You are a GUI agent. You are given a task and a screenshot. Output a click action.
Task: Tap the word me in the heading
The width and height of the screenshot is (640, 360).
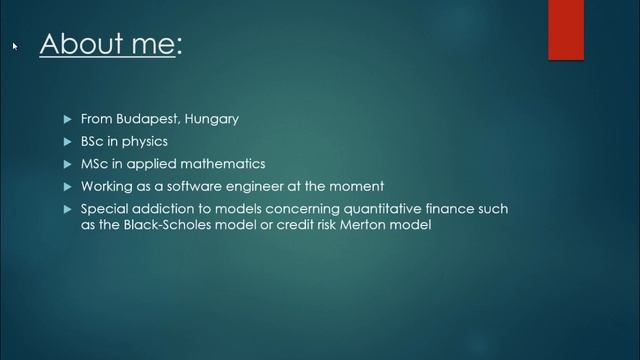coord(151,45)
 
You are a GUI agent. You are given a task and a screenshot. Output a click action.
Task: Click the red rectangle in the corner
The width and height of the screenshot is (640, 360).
coord(565,30)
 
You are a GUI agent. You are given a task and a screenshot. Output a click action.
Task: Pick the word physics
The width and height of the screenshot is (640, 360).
coord(145,141)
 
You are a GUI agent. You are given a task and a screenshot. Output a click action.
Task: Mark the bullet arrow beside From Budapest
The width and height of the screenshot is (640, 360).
coord(68,119)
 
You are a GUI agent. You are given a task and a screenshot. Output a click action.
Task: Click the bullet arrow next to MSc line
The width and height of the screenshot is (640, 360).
coord(68,164)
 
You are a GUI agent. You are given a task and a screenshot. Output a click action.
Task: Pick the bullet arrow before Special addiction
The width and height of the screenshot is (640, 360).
coord(68,209)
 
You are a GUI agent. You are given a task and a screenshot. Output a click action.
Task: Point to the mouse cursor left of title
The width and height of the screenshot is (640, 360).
coord(15,46)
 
